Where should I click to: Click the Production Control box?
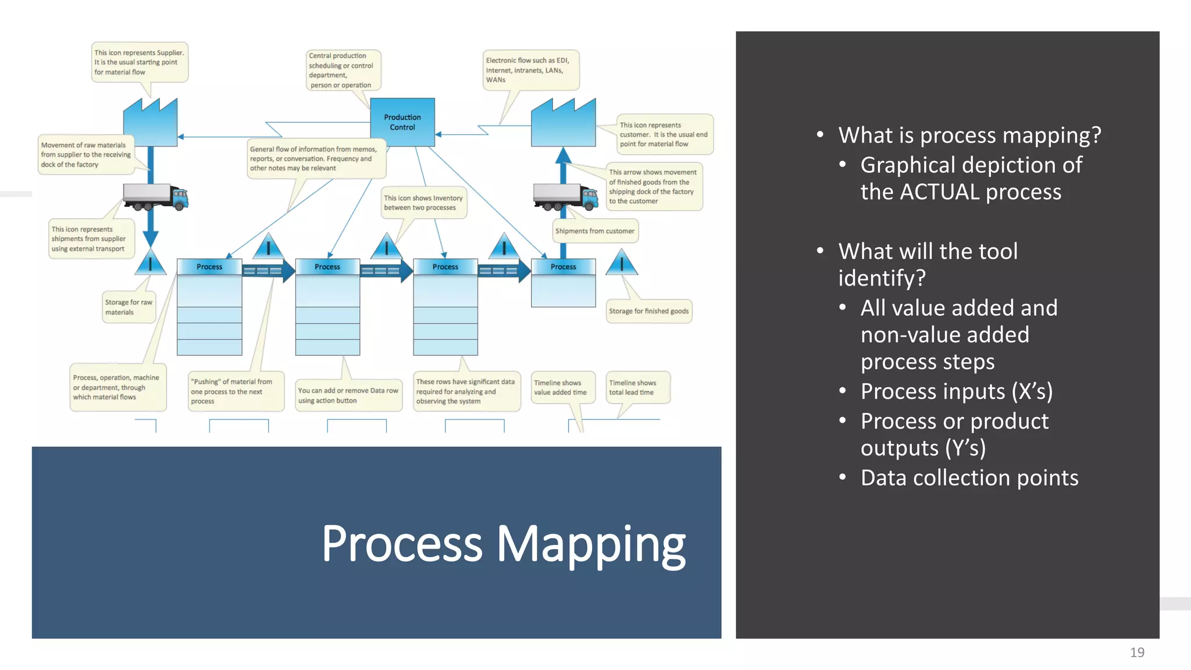tap(402, 122)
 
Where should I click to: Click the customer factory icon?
tap(563, 123)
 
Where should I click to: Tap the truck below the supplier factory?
tap(155, 197)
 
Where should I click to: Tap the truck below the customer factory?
tap(565, 197)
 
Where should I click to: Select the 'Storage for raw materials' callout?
tap(129, 307)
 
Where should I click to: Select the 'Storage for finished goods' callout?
tap(648, 311)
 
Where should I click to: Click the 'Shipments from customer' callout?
tap(594, 231)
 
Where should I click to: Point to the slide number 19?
tap(1137, 653)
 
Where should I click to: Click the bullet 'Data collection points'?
tap(969, 477)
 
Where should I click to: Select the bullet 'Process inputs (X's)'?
tap(956, 391)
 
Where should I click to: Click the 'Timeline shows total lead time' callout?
tap(637, 387)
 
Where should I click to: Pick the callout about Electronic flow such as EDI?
tap(530, 70)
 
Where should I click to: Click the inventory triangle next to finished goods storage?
tap(621, 263)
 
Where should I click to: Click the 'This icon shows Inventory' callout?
tap(423, 202)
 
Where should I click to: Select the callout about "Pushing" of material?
tap(235, 391)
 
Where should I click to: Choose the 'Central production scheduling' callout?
tap(343, 70)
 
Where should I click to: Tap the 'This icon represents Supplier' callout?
tap(139, 62)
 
